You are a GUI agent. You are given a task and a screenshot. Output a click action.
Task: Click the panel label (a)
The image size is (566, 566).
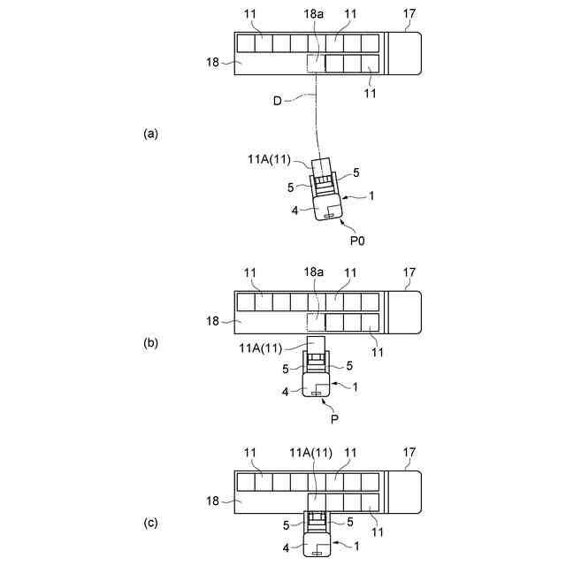click(x=150, y=134)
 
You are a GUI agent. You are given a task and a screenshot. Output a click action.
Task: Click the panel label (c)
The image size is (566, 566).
click(x=150, y=523)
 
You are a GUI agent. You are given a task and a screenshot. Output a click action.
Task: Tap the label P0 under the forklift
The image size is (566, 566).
click(x=356, y=240)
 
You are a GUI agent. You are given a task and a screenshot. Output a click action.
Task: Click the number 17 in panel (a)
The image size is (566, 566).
click(x=408, y=15)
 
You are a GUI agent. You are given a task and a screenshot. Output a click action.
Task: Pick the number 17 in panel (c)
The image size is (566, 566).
click(x=408, y=454)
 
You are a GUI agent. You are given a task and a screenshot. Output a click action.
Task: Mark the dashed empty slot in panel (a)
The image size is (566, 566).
click(x=315, y=64)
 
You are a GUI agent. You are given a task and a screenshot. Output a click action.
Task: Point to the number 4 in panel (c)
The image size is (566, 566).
click(x=286, y=548)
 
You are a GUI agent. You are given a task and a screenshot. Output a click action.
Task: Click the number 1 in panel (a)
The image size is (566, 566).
click(x=371, y=196)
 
